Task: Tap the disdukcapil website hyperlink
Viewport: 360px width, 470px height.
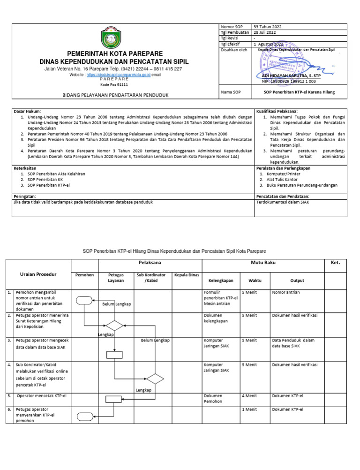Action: pos(119,75)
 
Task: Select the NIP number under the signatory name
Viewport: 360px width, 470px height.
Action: pos(289,81)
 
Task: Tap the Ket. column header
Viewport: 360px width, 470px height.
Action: pos(338,263)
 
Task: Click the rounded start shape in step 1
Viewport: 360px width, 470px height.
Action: pos(84,300)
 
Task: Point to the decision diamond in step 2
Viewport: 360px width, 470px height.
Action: pos(114,325)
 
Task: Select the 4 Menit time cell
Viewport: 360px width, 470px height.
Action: pos(249,396)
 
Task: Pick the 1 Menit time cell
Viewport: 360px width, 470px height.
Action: pos(249,409)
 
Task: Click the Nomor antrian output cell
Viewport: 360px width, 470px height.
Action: pos(286,292)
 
